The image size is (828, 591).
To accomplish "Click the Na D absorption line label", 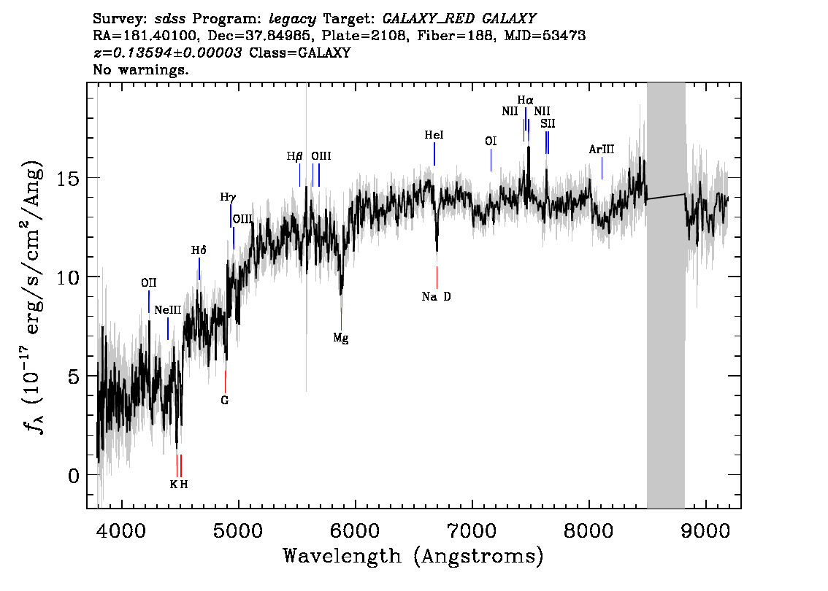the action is coord(436,296).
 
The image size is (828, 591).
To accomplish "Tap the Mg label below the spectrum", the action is coord(340,338).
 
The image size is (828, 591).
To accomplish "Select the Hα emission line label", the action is coord(526,100).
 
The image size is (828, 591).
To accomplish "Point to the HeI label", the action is coord(434,135).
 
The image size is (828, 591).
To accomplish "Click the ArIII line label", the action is coord(602,150).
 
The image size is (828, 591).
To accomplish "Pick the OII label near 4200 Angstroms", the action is coord(149,283).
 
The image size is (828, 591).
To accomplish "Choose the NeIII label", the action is coord(168,310).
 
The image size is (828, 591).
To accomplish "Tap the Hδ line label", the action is coord(199,250).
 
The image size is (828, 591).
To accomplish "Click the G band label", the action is coord(225,400).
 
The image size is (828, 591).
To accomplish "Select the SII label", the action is coord(548,123).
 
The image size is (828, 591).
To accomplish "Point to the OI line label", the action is coord(491,141).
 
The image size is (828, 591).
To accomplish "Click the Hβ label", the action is coord(295,156).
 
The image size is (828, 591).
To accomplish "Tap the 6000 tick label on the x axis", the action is coord(356,530).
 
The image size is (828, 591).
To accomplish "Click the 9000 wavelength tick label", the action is coord(705,530).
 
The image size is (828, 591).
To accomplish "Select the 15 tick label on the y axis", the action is coord(67,178).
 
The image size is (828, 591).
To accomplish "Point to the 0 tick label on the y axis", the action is coord(74,476).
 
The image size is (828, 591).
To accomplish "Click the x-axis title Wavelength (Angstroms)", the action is coord(413,556).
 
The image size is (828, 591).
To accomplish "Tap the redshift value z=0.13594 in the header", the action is coord(167,53).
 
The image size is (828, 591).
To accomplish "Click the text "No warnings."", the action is coord(140,69).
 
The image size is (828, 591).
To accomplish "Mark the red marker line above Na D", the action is coord(437,277).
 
